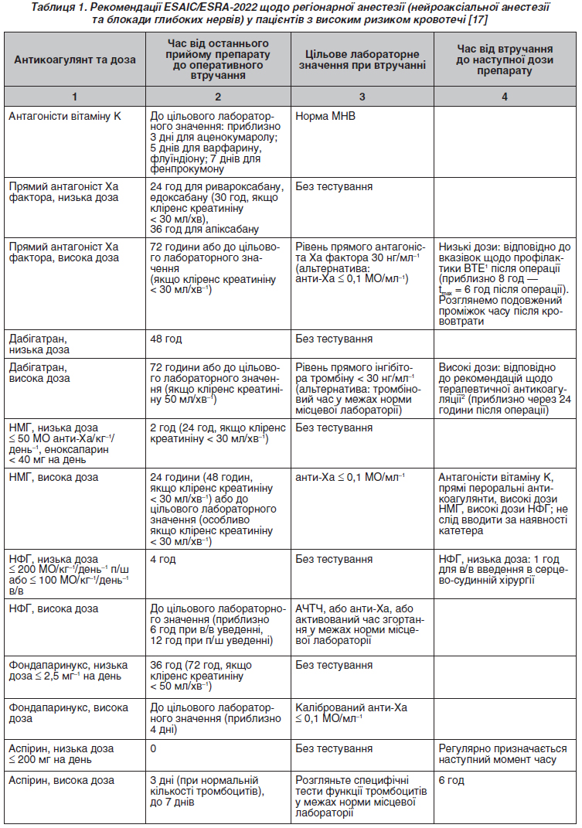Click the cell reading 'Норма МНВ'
point(323,116)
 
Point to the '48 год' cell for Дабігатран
point(168,338)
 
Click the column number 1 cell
point(74,97)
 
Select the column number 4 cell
point(504,97)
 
